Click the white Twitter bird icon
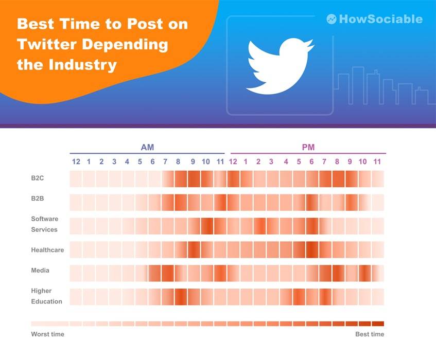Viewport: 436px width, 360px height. click(x=280, y=65)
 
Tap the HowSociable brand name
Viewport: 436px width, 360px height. click(x=380, y=19)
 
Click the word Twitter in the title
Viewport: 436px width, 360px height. click(x=45, y=44)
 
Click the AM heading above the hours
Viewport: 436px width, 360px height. click(x=147, y=148)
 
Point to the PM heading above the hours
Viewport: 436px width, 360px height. click(x=308, y=148)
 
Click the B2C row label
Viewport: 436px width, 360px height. click(x=38, y=178)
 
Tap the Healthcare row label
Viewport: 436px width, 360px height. click(x=47, y=249)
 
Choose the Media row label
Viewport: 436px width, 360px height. click(x=40, y=270)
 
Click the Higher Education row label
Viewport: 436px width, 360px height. click(x=46, y=296)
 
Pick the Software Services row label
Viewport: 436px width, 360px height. click(x=44, y=224)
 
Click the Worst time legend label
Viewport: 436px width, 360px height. click(x=47, y=334)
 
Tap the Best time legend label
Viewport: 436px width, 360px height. click(x=370, y=334)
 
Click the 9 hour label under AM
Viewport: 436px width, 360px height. click(x=193, y=161)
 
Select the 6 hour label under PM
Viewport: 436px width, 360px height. click(x=311, y=161)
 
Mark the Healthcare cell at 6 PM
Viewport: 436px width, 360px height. click(x=312, y=249)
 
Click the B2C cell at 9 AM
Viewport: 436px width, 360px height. click(x=194, y=178)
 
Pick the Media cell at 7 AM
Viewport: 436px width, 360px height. click(x=167, y=273)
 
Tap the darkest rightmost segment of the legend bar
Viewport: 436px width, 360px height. click(x=378, y=324)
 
